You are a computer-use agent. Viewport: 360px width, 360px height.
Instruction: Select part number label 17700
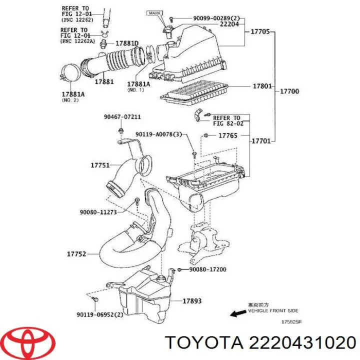click(289, 91)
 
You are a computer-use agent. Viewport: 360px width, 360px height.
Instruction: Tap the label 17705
click(259, 32)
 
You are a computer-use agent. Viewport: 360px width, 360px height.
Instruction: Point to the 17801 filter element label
click(262, 86)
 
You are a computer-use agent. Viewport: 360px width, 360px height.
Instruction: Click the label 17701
click(260, 141)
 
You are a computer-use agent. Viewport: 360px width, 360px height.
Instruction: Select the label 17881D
click(127, 43)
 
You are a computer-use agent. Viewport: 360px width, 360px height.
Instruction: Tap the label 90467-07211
click(122, 117)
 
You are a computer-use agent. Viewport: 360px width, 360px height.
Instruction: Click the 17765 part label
click(228, 135)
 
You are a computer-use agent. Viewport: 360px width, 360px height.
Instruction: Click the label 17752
click(76, 254)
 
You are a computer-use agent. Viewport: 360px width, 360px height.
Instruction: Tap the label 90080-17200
click(207, 269)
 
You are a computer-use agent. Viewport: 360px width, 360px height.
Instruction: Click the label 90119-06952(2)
click(100, 315)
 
